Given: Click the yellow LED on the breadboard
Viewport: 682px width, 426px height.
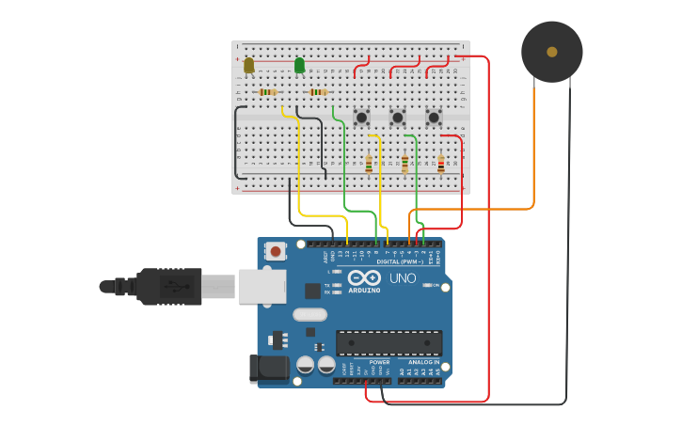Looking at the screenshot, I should [248, 65].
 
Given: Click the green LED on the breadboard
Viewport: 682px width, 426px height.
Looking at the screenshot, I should [299, 65].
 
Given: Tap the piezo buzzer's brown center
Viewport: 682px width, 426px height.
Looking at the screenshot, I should [552, 52].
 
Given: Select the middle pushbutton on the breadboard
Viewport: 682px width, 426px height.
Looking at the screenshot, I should [397, 118].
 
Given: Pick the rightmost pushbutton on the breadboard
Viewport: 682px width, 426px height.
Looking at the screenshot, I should [434, 118].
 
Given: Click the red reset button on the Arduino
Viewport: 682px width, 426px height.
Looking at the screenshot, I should [276, 251].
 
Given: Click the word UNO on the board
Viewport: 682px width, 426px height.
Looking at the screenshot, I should [403, 278].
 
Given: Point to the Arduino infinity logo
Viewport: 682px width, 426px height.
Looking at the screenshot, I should [365, 277].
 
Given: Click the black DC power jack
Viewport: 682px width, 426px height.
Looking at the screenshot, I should [267, 369].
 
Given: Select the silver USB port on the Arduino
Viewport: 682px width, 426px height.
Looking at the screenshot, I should [262, 287].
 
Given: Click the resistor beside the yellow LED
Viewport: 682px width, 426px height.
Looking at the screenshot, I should [268, 92].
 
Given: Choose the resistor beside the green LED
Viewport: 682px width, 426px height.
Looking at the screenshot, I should [318, 92].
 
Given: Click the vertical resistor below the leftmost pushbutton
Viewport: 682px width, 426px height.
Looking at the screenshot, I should [369, 164].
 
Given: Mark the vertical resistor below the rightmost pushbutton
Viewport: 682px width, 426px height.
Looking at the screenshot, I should [440, 164].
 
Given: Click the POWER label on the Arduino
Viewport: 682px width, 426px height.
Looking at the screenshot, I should [379, 362].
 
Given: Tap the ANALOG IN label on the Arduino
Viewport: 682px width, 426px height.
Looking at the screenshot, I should [423, 362].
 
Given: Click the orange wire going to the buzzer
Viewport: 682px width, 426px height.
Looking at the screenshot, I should [533, 150].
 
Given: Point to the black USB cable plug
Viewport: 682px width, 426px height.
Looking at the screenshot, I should [169, 287].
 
